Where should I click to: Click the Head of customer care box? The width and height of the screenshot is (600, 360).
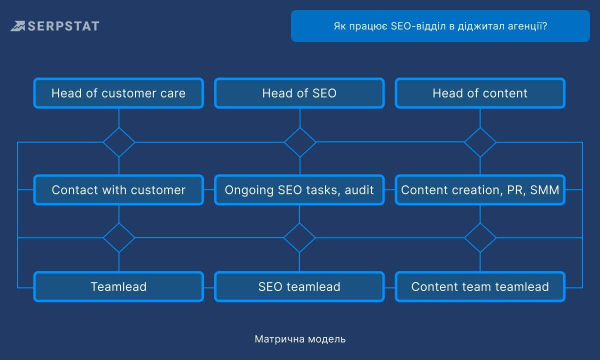tap(118, 93)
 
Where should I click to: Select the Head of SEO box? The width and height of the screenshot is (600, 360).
tap(299, 93)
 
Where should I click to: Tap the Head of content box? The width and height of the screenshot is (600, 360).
tap(480, 93)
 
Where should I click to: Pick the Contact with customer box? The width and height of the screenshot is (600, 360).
tap(118, 190)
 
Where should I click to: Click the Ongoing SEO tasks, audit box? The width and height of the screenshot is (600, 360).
tap(299, 190)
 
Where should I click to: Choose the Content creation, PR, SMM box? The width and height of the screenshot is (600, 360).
tap(480, 190)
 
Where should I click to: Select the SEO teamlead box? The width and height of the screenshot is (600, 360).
tap(299, 286)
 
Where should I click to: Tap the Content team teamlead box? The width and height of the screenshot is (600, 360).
tap(480, 286)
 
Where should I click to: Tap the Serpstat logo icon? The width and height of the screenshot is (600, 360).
tap(17, 26)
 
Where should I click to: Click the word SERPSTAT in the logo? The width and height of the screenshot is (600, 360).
tap(63, 26)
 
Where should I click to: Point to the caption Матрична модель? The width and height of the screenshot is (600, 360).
tap(300, 339)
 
